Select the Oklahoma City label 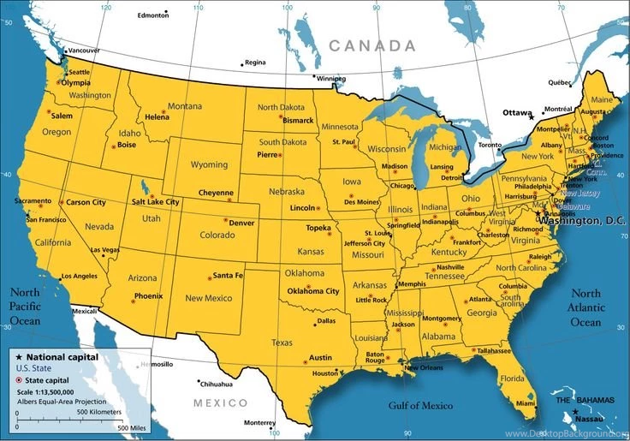coord(313,291)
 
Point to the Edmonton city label coord(153,15)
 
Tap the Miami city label coord(525,402)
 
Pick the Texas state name coord(282,342)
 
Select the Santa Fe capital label coord(228,276)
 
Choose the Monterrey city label coord(259,423)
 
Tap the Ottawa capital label coord(516,112)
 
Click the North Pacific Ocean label coord(25,306)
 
